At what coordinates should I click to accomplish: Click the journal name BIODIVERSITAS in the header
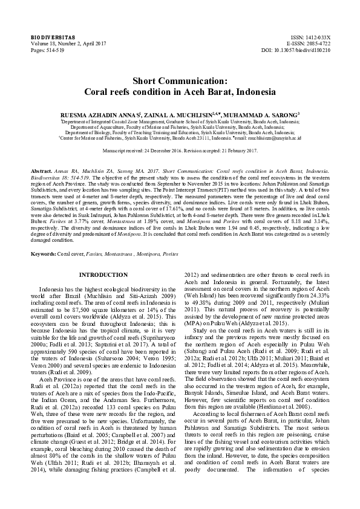(x=48, y=37)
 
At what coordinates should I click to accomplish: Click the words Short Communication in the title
(x=180, y=81)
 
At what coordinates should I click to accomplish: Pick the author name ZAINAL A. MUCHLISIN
(x=194, y=114)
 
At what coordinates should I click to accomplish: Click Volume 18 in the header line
(x=45, y=44)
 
